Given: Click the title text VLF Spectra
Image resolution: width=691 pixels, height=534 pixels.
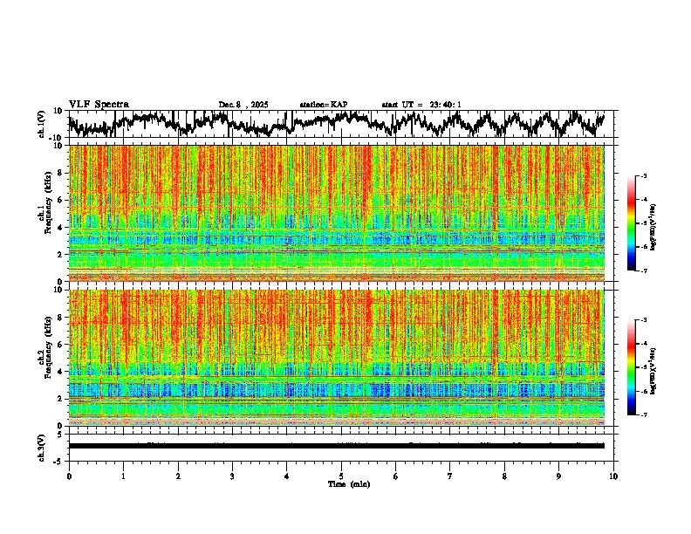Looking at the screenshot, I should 99,105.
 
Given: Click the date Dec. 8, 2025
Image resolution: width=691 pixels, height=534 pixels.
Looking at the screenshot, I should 243,105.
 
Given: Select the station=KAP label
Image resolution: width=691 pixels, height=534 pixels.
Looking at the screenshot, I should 324,105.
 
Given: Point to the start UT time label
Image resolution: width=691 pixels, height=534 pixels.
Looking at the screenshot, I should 421,105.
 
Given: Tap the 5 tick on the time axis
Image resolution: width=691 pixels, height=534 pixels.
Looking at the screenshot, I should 341,476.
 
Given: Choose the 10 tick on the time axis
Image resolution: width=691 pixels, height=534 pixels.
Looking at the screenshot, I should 613,476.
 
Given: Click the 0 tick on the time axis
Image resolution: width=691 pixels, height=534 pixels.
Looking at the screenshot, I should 69,476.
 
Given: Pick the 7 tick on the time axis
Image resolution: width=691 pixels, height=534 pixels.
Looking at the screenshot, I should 450,476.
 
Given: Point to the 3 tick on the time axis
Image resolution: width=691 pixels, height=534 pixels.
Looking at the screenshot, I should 232,476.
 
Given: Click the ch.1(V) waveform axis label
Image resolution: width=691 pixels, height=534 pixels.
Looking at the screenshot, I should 42,124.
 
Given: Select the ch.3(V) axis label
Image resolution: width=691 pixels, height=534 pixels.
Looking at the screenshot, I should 42,446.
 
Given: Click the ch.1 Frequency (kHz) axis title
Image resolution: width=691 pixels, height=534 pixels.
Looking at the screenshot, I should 44,213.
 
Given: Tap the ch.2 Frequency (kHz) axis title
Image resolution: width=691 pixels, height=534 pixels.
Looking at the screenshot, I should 44,357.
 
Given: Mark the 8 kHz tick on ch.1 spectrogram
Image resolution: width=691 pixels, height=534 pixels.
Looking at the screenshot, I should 59,173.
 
